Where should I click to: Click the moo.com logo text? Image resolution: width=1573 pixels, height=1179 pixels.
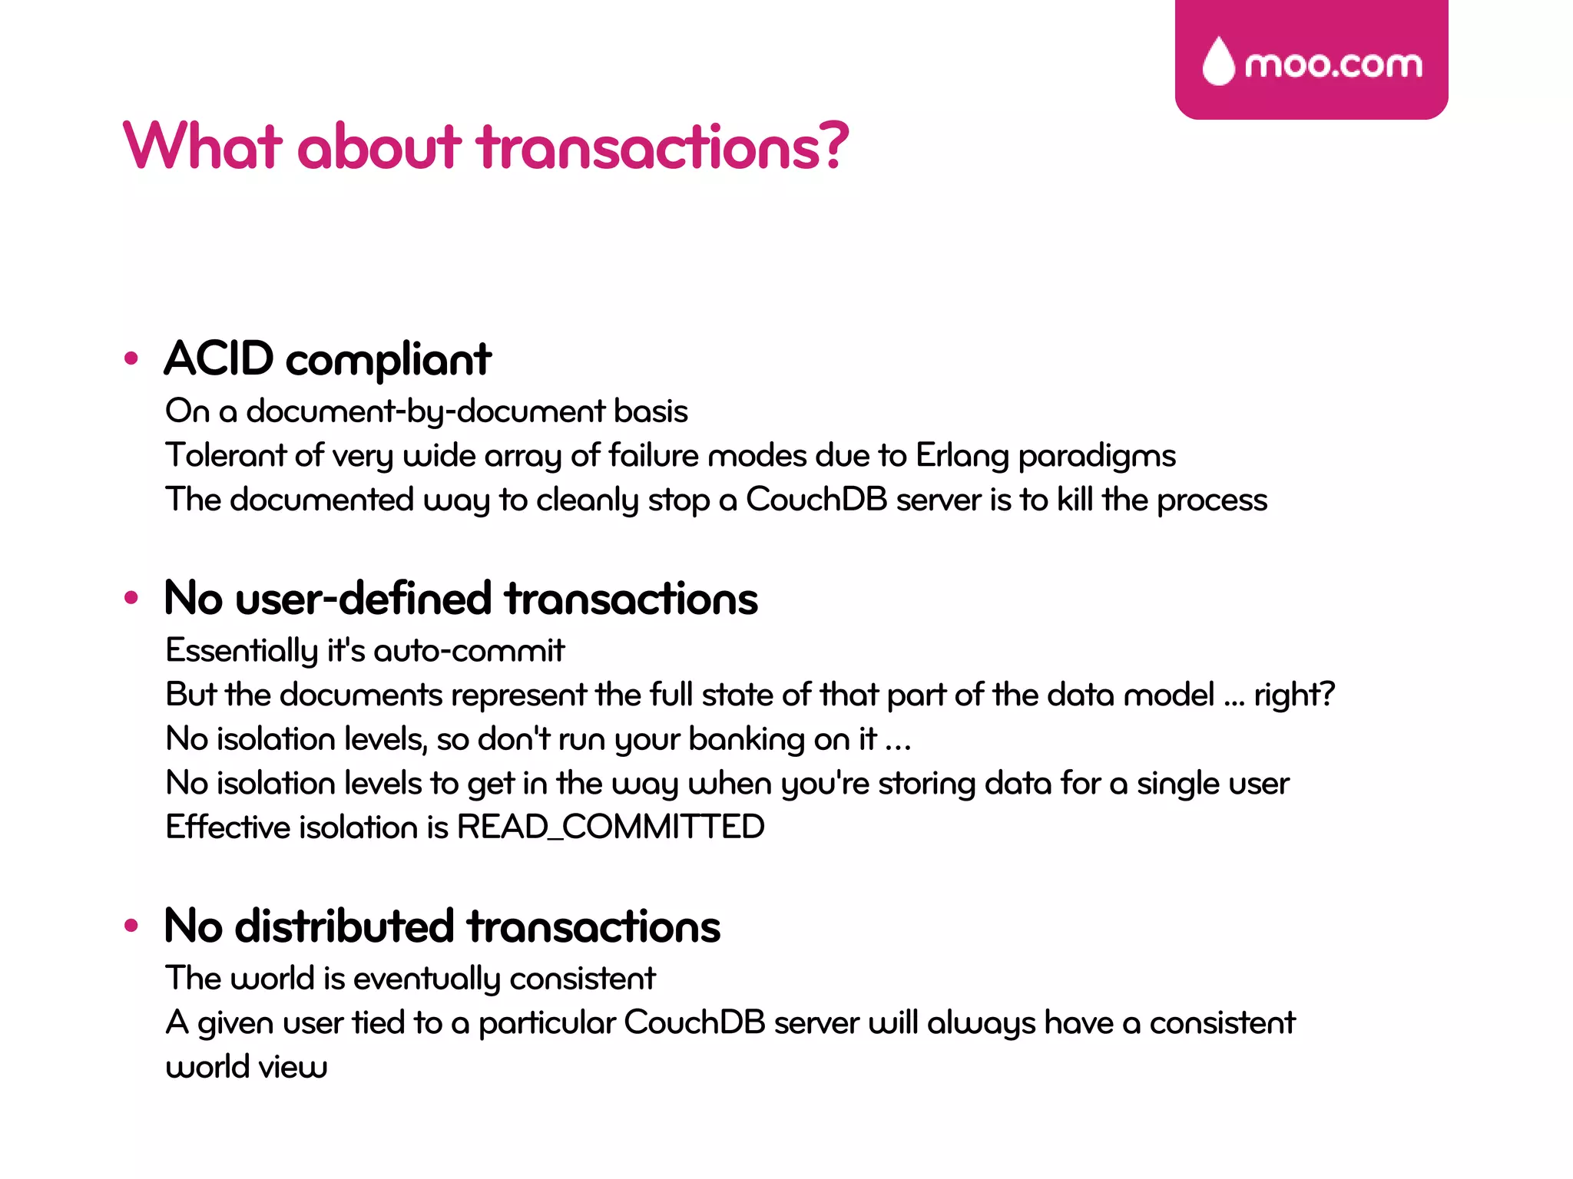pos(1333,64)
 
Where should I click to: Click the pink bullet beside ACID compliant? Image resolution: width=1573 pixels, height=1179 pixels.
pos(131,358)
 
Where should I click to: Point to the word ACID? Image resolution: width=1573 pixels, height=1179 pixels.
pos(219,358)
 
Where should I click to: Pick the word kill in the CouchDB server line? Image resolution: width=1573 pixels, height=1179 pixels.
pos(1075,500)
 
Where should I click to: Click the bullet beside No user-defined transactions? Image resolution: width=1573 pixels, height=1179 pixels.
pos(131,597)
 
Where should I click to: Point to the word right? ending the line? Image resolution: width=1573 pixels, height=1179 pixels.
pos(1294,695)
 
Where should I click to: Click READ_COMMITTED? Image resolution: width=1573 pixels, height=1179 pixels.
pos(611,827)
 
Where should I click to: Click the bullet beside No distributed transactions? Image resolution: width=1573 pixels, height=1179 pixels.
pos(131,926)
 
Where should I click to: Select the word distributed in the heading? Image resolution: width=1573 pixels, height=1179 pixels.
pos(344,926)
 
